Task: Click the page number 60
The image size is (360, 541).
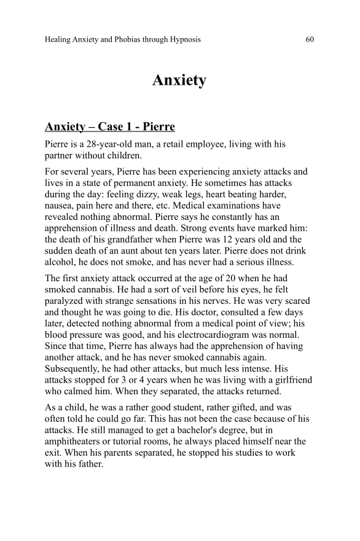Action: [x=309, y=40]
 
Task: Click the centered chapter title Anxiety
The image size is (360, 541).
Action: [x=179, y=80]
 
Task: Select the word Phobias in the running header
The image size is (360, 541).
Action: [x=116, y=40]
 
